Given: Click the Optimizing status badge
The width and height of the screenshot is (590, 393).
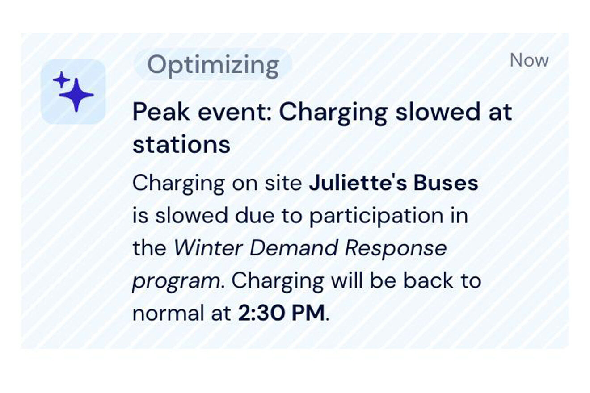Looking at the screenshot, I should (213, 65).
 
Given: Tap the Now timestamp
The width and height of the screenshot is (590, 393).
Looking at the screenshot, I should (529, 60).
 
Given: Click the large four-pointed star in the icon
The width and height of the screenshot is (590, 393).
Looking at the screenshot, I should (77, 95).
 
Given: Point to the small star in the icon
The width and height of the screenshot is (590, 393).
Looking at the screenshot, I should (61, 80).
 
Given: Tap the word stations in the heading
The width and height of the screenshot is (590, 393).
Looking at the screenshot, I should (181, 145).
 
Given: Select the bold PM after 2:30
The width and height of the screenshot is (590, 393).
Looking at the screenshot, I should (308, 314).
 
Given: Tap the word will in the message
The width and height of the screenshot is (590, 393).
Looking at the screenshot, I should (346, 280).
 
